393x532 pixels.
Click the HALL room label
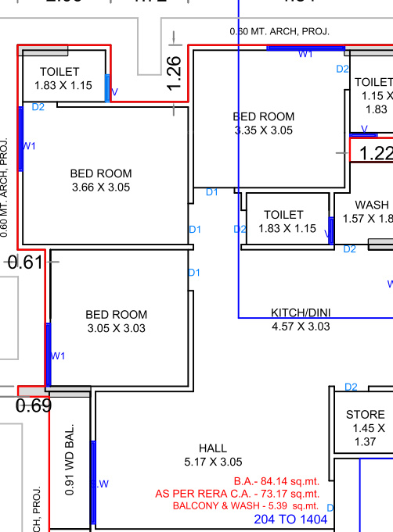pos(213,448)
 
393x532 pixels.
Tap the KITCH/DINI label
pos(301,312)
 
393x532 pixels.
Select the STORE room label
pos(366,414)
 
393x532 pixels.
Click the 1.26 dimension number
pos(174,73)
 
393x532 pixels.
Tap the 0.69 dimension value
pos(34,405)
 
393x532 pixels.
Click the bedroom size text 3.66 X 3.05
pos(101,187)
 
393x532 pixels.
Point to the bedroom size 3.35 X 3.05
pos(264,130)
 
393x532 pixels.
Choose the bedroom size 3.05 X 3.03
pos(117,328)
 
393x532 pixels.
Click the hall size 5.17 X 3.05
pos(213,462)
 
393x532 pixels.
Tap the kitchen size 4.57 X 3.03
pos(301,326)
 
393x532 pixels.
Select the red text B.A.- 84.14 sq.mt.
pos(276,481)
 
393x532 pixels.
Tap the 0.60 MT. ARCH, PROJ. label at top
pos(279,31)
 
